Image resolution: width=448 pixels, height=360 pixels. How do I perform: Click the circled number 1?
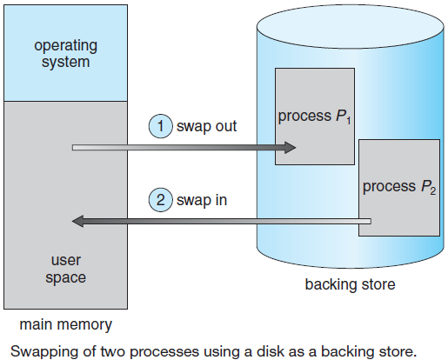tap(160, 126)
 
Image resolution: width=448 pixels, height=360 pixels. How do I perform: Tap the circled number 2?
tap(160, 200)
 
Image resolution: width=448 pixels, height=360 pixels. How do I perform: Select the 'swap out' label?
tap(206, 127)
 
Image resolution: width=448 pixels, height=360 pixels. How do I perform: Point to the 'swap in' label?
tap(202, 200)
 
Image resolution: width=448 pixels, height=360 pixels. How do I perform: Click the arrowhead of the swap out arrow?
tap(290, 148)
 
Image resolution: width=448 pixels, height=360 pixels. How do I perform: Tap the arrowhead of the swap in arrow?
tap(77, 222)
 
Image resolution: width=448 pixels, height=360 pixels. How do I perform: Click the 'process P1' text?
tap(315, 117)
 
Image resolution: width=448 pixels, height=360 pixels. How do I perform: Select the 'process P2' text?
tap(399, 187)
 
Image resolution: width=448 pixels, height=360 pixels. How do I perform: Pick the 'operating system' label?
tap(65, 54)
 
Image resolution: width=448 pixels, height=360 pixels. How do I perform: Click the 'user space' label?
tap(66, 269)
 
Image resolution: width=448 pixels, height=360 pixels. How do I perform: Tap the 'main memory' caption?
tap(66, 324)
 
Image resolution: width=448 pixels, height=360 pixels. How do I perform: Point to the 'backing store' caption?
tap(350, 284)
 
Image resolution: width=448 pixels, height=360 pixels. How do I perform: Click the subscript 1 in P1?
tap(348, 120)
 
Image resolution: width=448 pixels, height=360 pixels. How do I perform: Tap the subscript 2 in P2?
tap(433, 191)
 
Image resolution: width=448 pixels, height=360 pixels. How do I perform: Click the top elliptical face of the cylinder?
tap(351, 27)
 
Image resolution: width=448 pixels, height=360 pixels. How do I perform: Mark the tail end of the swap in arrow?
tap(371, 222)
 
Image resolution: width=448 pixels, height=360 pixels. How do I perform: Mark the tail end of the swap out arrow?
tap(73, 148)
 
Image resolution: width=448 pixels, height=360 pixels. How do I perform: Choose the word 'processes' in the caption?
tap(164, 352)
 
